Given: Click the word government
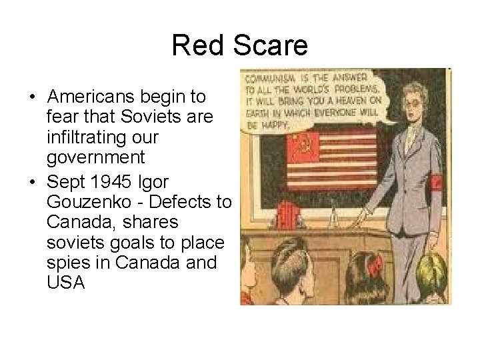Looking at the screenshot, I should [97, 158].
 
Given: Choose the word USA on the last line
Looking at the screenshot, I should [66, 282].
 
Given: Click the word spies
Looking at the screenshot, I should [69, 261].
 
